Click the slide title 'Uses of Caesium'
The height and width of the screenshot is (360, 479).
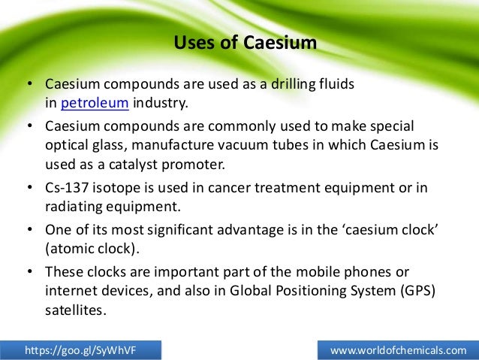click(x=245, y=43)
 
